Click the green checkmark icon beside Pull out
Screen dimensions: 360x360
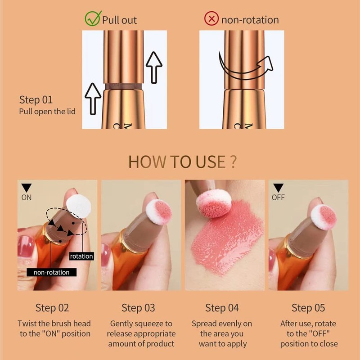coord(92,19)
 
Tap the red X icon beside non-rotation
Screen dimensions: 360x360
coord(211,19)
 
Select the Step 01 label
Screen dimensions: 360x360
coord(36,99)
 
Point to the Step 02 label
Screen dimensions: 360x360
coord(52,308)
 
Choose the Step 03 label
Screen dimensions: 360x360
coord(138,308)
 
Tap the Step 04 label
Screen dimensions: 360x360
coord(222,308)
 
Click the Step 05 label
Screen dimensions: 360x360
coord(308,308)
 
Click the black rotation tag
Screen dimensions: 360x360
coord(81,256)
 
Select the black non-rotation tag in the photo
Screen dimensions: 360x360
coord(52,272)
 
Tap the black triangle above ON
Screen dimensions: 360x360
coord(27,188)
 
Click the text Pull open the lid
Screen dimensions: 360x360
coord(47,112)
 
